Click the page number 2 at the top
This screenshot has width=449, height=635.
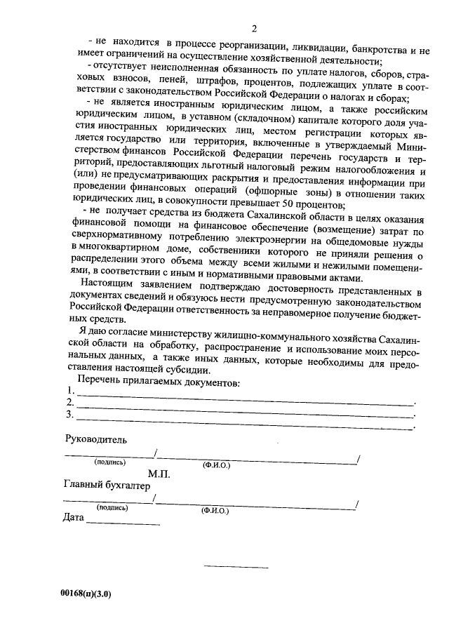click(255, 28)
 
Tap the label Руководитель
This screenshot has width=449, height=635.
click(96, 439)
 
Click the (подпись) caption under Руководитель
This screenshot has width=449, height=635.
click(109, 463)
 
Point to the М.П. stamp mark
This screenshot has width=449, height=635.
click(160, 474)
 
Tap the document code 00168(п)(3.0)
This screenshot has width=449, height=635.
click(86, 594)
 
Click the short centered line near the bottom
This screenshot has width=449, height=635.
click(236, 567)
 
